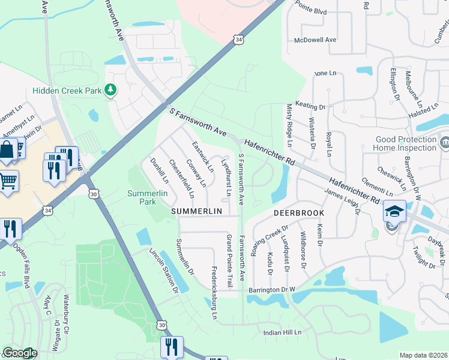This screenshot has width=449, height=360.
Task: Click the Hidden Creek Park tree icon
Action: tap(110, 90)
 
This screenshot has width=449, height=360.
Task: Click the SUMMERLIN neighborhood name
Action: tap(197, 212)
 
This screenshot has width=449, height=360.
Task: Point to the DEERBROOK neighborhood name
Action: tap(299, 213)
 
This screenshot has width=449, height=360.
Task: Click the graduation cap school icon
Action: tap(394, 211)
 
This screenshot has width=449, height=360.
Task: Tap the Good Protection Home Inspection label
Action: tap(406, 144)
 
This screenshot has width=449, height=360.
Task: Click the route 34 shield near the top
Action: tap(238, 40)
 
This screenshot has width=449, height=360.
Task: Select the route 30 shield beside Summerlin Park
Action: tap(94, 193)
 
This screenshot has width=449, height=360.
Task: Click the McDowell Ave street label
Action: tap(315, 40)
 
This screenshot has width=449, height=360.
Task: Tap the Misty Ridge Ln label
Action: tap(289, 132)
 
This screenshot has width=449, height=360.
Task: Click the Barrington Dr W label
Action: tap(273, 290)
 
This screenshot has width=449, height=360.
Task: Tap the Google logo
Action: tap(20, 353)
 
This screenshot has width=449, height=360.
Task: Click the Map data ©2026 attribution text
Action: tap(424, 355)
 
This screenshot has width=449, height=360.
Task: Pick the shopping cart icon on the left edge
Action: tap(7, 179)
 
